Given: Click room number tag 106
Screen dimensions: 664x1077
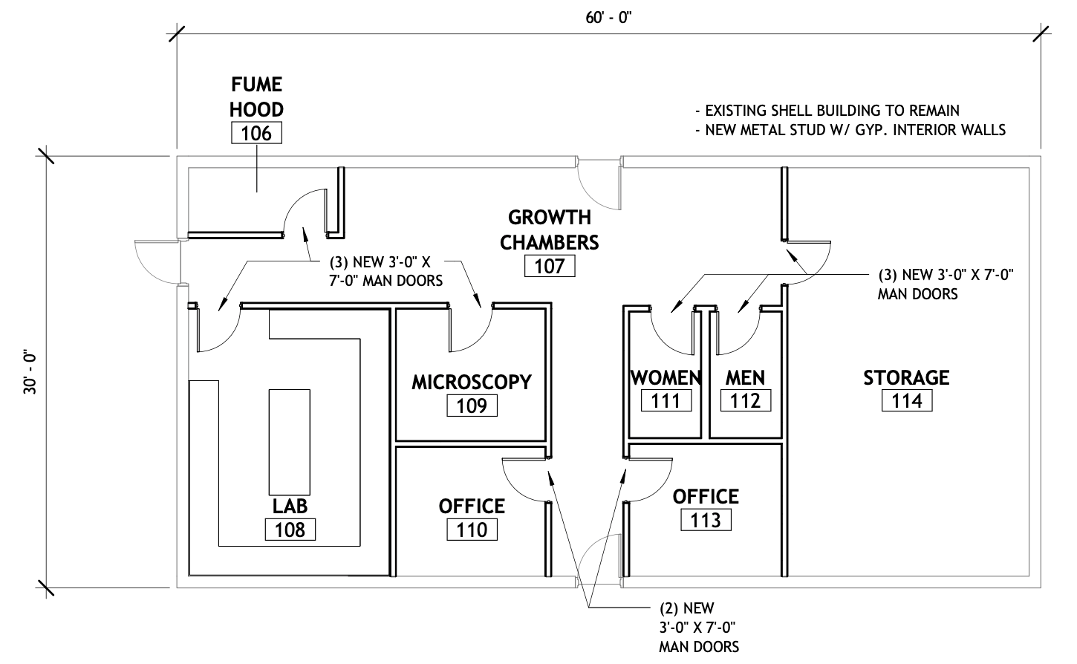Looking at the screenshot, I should click(256, 134).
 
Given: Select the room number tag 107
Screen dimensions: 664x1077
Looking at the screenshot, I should click(550, 266).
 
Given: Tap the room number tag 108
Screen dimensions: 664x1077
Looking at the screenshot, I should click(290, 530).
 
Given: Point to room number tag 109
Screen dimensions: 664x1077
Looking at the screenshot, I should click(472, 406).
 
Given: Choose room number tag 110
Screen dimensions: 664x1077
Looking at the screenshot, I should click(472, 530).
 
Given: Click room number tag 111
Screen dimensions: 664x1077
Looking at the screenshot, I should click(666, 401).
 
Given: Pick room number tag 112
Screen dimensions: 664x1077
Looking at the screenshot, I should click(745, 401).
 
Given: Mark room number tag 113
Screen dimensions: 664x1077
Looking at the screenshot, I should click(706, 520).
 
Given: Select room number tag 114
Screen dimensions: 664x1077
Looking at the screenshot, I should click(906, 401).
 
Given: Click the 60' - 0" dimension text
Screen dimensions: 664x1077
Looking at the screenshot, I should click(608, 18).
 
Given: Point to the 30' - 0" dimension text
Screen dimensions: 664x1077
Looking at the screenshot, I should click(30, 372).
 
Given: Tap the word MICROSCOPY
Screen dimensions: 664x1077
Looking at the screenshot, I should click(472, 382).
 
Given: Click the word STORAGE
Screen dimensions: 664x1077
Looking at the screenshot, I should click(906, 377).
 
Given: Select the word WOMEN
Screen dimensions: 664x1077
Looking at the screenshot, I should click(666, 377).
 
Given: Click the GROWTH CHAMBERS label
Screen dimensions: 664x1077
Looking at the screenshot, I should click(550, 230).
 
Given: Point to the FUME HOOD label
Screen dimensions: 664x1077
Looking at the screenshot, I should click(256, 97).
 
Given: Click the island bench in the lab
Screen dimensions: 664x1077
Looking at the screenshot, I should click(290, 441).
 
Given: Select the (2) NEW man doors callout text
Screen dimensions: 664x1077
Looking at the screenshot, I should click(699, 627).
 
